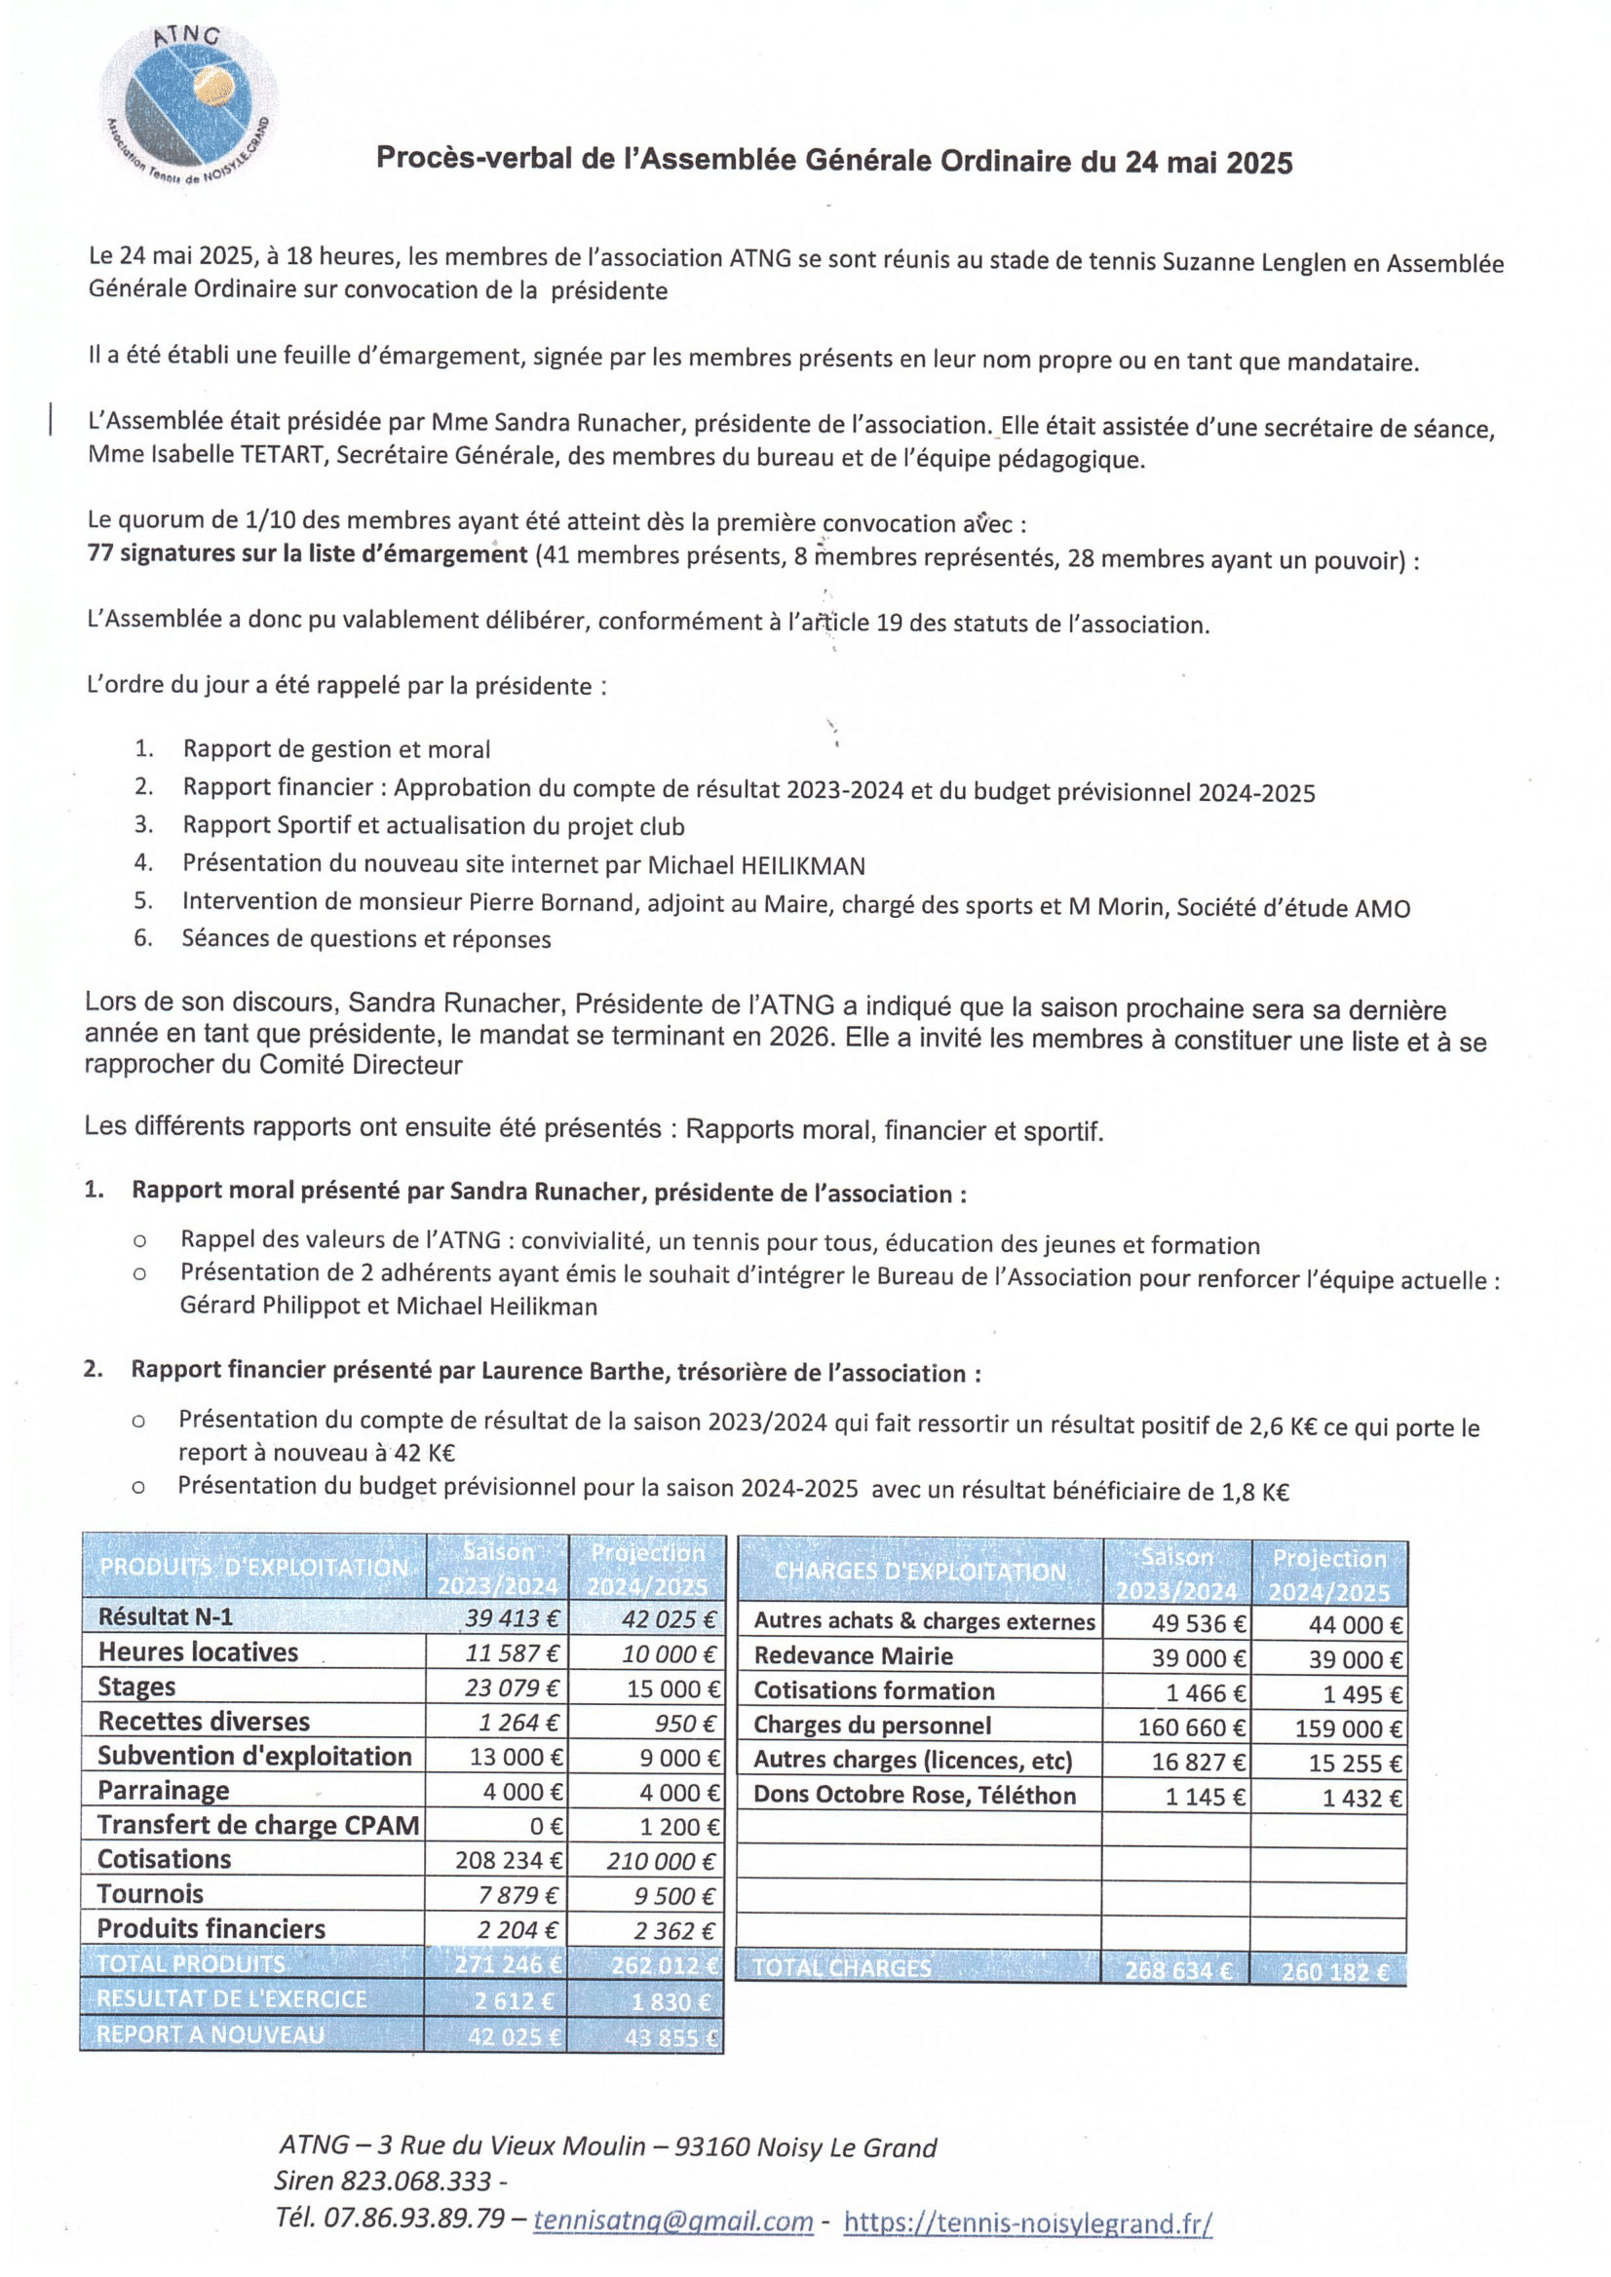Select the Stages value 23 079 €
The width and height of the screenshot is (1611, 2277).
point(512,1687)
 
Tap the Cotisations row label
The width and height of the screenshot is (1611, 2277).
point(164,1858)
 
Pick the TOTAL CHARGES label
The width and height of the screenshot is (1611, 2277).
point(841,1967)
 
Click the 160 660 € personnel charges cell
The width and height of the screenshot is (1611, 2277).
point(1190,1727)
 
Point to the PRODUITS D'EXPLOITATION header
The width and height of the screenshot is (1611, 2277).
point(254,1567)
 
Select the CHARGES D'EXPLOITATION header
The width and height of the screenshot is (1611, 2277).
point(920,1571)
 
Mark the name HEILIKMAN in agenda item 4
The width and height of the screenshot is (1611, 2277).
point(802,866)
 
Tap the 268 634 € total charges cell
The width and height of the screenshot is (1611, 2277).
point(1177,1969)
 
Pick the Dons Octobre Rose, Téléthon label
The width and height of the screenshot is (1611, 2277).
point(913,1794)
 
